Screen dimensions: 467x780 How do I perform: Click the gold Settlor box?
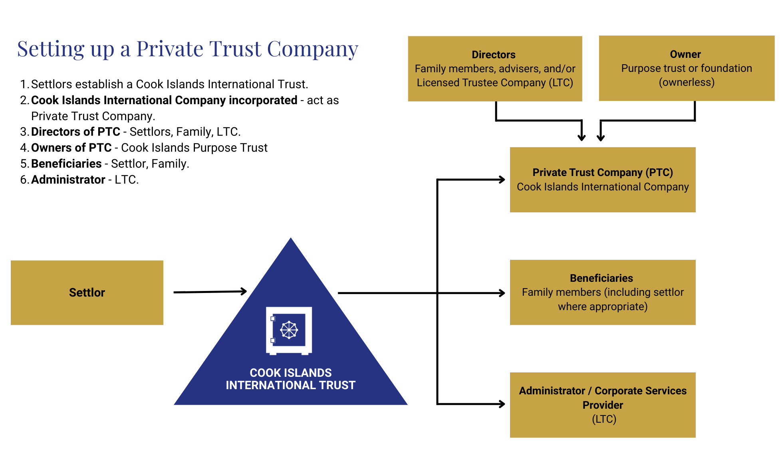click(x=87, y=293)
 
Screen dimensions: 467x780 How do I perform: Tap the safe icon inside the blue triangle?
click(x=289, y=330)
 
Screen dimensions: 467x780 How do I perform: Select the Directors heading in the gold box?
click(x=493, y=55)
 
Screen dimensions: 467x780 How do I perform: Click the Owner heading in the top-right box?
click(x=685, y=54)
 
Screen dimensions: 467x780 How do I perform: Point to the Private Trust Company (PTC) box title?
click(x=602, y=172)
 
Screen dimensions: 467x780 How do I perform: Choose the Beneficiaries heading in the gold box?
click(x=601, y=278)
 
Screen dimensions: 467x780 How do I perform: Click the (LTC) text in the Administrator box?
click(x=604, y=419)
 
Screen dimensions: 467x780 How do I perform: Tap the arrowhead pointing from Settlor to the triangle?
click(x=243, y=291)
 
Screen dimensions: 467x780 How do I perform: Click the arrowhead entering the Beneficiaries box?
click(x=502, y=293)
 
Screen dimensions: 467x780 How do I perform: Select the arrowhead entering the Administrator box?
click(x=502, y=404)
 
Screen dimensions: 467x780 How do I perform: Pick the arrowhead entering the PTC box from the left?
click(x=502, y=180)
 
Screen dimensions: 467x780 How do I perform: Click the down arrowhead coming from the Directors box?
click(x=582, y=137)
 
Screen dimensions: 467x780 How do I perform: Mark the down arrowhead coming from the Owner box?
click(x=601, y=137)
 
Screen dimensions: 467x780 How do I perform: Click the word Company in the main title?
click(x=312, y=49)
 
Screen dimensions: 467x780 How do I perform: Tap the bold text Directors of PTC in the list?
click(x=75, y=132)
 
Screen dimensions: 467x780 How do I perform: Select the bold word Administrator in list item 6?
click(x=68, y=180)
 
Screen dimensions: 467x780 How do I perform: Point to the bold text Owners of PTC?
click(x=71, y=148)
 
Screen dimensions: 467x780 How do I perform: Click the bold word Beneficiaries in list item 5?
click(x=66, y=164)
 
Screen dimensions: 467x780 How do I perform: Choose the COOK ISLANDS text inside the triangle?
click(x=290, y=373)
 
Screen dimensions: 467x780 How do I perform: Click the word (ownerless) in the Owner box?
click(x=686, y=82)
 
